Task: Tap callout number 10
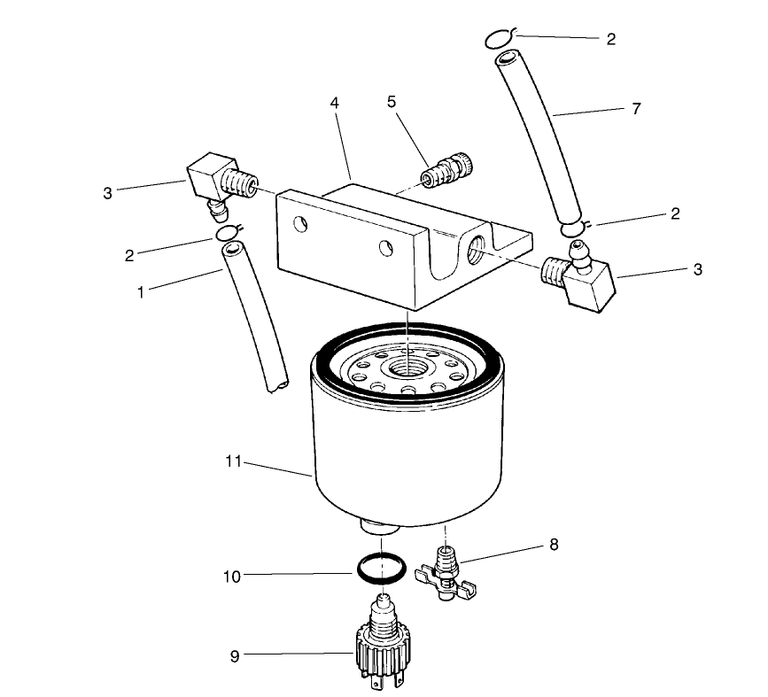tap(231, 576)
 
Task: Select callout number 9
tap(235, 655)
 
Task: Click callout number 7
tap(636, 109)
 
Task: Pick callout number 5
tap(391, 101)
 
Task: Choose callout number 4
tap(334, 102)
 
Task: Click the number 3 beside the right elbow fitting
tap(698, 269)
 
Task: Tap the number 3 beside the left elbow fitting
tap(108, 192)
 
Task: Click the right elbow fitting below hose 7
tap(580, 278)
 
